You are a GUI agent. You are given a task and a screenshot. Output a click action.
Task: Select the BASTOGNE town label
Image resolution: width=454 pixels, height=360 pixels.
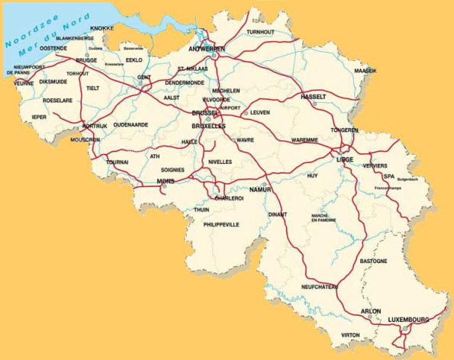pyautogui.click(x=373, y=261)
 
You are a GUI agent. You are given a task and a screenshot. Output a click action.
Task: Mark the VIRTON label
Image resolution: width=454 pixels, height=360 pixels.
pyautogui.click(x=350, y=335)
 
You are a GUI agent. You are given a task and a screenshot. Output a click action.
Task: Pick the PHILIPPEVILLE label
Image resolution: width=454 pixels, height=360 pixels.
pyautogui.click(x=221, y=225)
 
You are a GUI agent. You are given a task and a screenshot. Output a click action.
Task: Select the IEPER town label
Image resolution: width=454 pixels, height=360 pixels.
pyautogui.click(x=39, y=117)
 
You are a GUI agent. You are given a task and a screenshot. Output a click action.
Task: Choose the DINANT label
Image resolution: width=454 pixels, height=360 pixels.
pyautogui.click(x=278, y=215)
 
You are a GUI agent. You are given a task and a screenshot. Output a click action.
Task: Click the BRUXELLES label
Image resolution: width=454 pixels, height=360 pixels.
pyautogui.click(x=208, y=126)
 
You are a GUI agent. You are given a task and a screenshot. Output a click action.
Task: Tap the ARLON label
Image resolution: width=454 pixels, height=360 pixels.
pyautogui.click(x=370, y=311)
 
